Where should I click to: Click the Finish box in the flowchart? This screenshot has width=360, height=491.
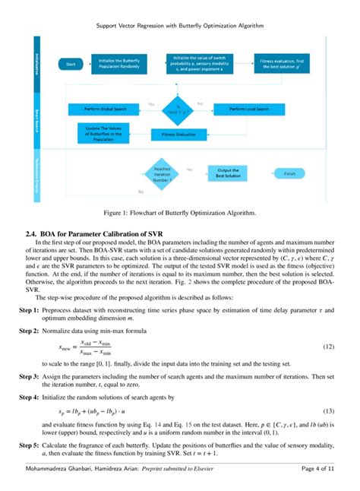(289, 173)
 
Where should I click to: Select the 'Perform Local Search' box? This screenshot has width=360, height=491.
(248, 109)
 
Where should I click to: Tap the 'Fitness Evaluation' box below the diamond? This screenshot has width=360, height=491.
(178, 134)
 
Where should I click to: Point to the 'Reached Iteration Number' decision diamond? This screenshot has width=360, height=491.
(162, 173)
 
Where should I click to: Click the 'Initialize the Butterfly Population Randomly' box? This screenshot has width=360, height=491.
(119, 64)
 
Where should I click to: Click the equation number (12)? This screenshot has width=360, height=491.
(328, 347)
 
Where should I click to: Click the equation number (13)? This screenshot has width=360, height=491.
(328, 410)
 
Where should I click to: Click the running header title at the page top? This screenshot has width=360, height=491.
(179, 25)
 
